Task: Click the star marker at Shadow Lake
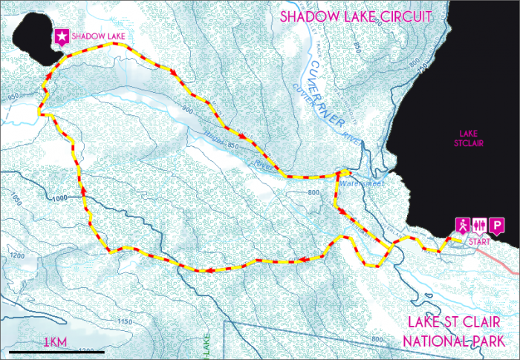point(60,35)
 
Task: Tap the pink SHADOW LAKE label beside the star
point(96,36)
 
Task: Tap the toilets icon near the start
point(479,225)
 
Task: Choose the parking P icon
point(495,225)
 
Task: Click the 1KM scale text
point(56,342)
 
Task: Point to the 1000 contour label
point(65,198)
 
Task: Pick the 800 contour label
point(313,192)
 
